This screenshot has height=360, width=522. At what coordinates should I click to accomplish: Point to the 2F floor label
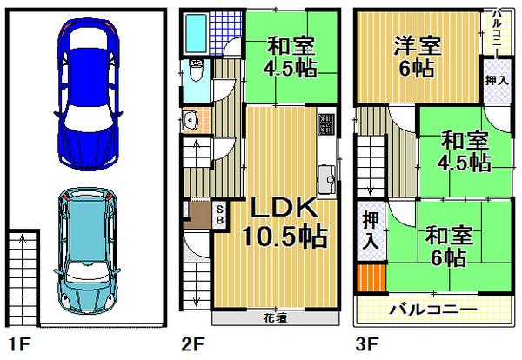pyautogui.click(x=194, y=343)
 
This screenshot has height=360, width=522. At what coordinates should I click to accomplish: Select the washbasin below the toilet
pyautogui.click(x=192, y=123)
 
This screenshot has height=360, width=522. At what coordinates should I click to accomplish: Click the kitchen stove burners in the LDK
pyautogui.click(x=326, y=124)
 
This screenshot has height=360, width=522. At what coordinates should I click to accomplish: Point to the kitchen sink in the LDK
pyautogui.click(x=328, y=181)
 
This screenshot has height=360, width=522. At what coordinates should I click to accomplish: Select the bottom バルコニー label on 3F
pyautogui.click(x=432, y=310)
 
